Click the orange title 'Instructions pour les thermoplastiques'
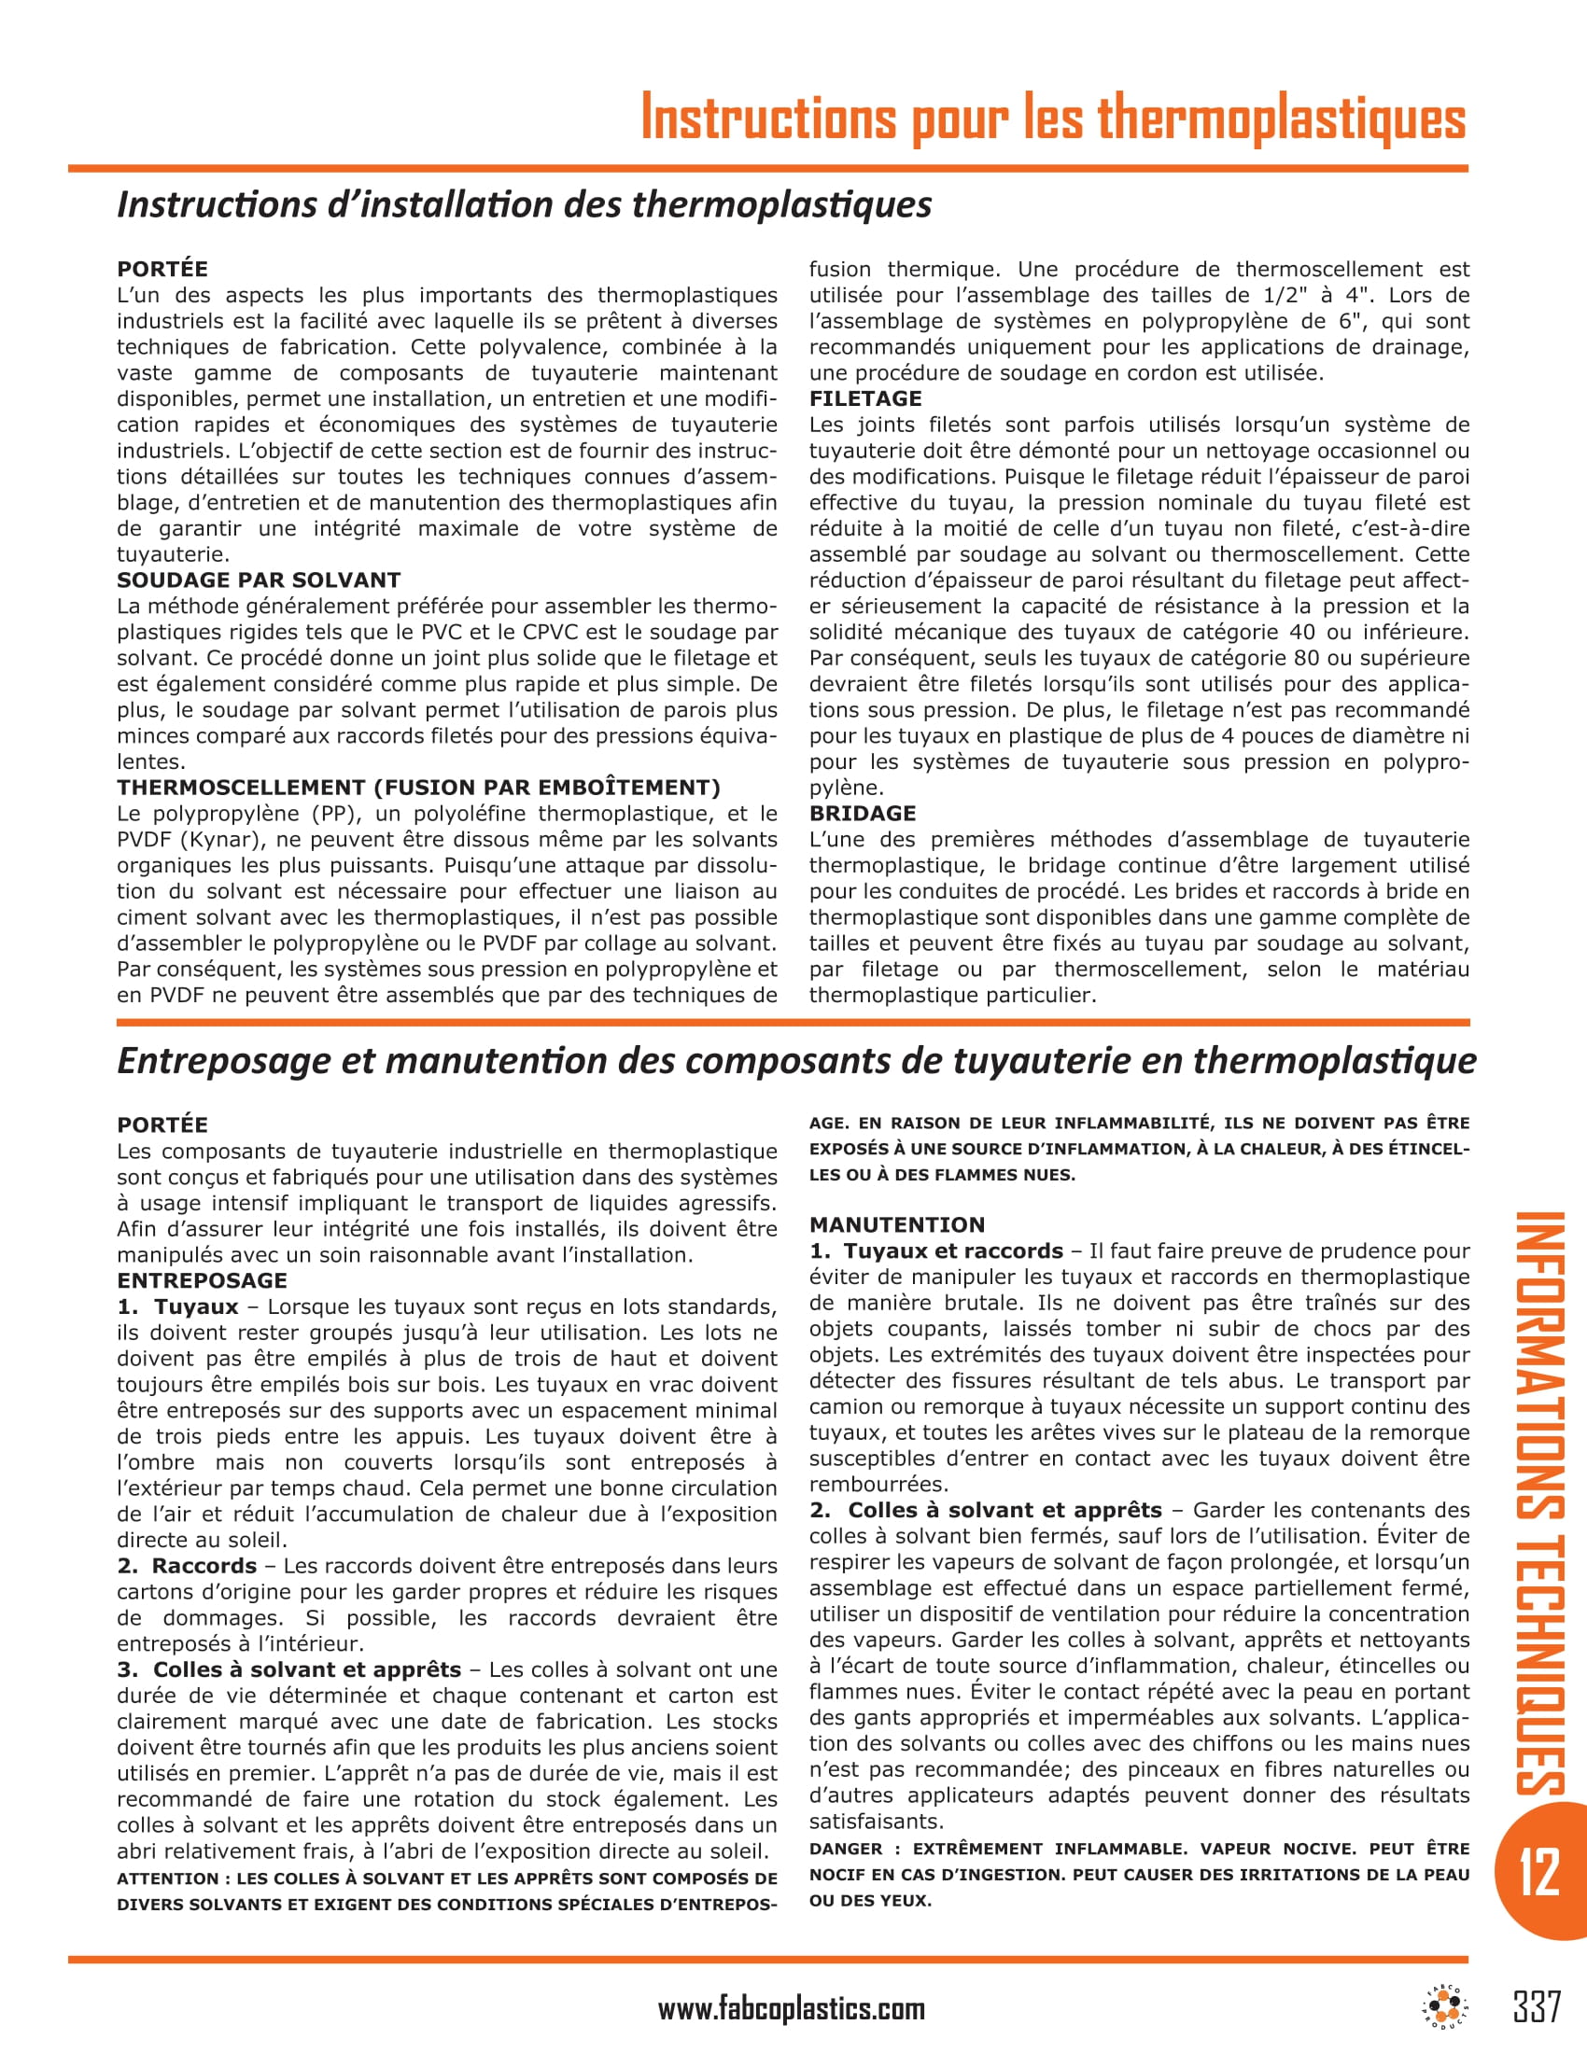(1053, 119)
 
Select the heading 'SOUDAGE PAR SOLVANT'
(259, 580)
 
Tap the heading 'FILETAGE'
(865, 398)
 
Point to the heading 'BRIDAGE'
(863, 813)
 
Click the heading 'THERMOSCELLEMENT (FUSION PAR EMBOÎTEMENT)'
(418, 788)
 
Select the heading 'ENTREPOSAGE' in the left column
(203, 1280)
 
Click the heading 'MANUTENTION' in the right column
(897, 1225)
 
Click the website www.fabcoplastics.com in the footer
(791, 2009)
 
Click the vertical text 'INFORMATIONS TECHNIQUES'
(1539, 1504)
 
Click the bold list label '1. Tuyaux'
(177, 1306)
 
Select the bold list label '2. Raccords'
(187, 1566)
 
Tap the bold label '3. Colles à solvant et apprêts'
(289, 1669)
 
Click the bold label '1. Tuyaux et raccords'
(936, 1251)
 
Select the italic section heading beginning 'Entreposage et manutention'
(796, 1060)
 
